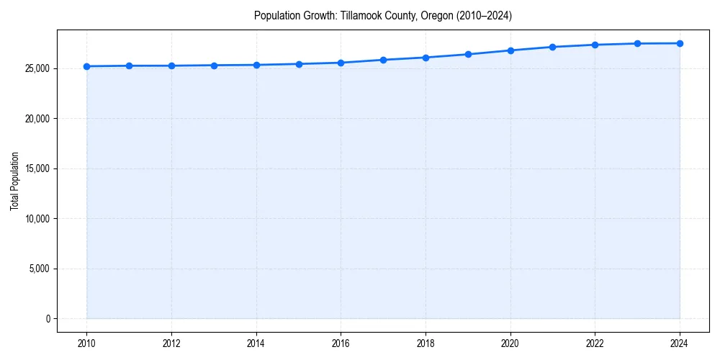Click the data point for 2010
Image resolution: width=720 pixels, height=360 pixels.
pyautogui.click(x=86, y=66)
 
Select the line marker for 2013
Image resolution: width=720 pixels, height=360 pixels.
pyautogui.click(x=214, y=66)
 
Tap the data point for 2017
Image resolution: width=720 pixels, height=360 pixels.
pyautogui.click(x=383, y=60)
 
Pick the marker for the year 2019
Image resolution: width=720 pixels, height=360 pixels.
pyautogui.click(x=468, y=54)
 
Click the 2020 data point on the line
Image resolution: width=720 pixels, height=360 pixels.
pyautogui.click(x=510, y=50)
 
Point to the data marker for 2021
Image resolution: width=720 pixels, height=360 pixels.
pyautogui.click(x=552, y=47)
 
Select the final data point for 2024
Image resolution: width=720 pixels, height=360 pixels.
pyautogui.click(x=680, y=43)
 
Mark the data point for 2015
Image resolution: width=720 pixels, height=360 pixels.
pyautogui.click(x=299, y=64)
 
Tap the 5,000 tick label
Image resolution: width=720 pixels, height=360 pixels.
pyautogui.click(x=39, y=269)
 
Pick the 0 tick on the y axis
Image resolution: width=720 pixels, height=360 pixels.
pyautogui.click(x=48, y=319)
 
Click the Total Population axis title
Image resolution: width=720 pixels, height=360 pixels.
pyautogui.click(x=14, y=181)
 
